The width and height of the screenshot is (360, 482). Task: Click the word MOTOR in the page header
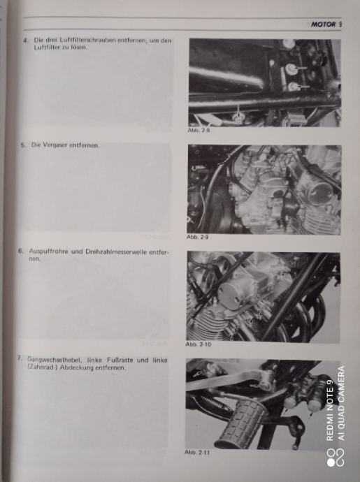tap(323, 24)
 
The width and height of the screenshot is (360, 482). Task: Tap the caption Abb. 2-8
tap(199, 130)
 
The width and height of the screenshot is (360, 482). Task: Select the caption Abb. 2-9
tap(198, 237)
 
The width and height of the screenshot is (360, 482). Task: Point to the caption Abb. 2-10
tap(198, 344)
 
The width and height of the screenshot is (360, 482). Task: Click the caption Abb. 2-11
tap(197, 452)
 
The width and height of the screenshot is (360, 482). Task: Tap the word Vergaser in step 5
tap(54, 145)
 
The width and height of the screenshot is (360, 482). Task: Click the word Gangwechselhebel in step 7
tap(55, 359)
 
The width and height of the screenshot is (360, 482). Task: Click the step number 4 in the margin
tap(26, 41)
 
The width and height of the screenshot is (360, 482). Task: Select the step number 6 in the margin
tap(20, 251)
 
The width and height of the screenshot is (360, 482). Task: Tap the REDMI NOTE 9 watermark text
tap(330, 410)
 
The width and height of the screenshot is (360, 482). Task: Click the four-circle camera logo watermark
tap(336, 458)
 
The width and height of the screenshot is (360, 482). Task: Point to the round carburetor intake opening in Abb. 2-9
tap(319, 193)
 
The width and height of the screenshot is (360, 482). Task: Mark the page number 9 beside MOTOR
tap(340, 24)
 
